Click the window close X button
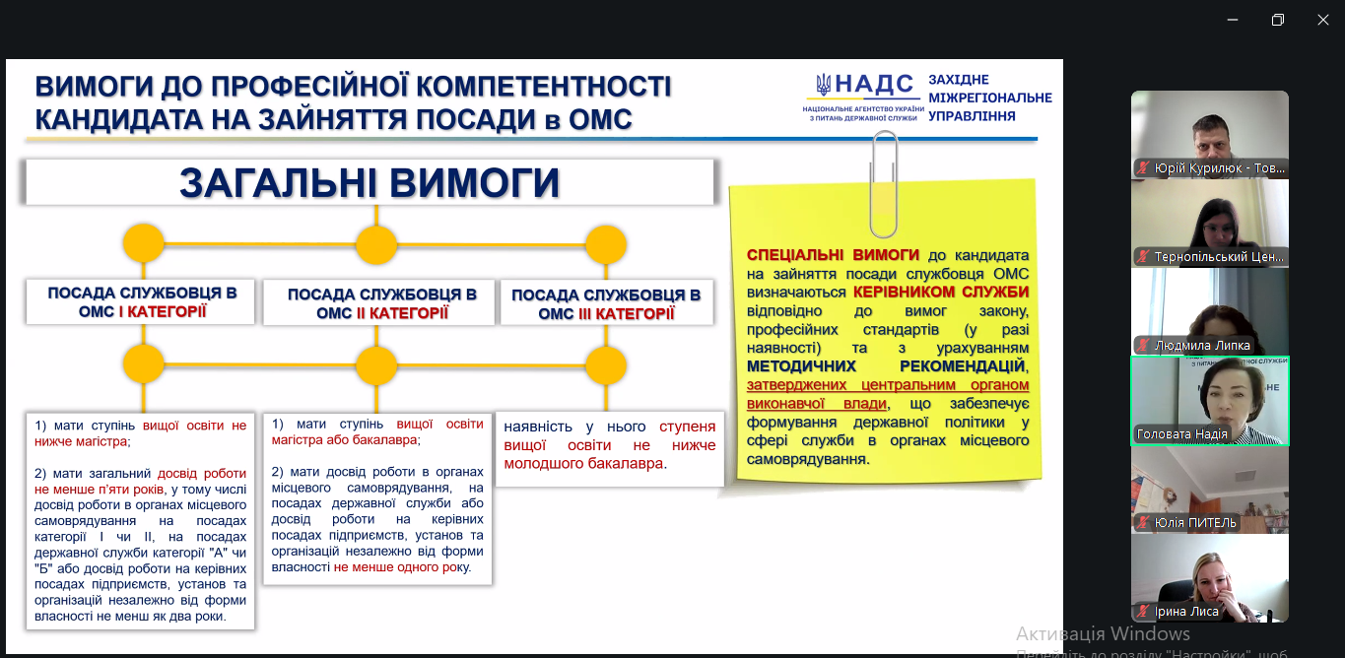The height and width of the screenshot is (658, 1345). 1322,20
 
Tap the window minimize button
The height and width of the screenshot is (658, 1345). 1232,20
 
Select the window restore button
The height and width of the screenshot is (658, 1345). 1277,20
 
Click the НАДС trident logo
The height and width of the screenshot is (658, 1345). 824,86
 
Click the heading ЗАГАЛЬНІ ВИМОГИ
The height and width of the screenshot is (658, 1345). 370,183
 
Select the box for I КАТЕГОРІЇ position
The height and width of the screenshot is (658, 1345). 142,302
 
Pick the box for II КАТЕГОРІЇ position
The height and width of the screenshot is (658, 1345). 382,303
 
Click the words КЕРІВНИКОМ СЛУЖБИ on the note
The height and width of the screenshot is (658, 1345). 940,293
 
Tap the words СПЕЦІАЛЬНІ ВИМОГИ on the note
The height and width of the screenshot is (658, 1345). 833,254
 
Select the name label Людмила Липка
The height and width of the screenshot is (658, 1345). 1202,346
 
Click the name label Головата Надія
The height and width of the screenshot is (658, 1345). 1181,434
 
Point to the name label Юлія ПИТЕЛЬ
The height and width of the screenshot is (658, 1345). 1194,523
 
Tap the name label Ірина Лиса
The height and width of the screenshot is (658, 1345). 1187,612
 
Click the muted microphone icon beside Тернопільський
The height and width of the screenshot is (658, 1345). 1143,257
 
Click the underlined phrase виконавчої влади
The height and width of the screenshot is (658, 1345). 816,404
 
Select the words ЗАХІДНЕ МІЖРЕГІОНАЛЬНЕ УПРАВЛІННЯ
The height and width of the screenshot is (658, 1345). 989,98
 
